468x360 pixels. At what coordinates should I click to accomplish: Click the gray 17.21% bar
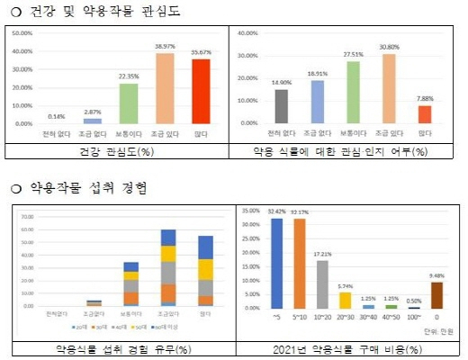tap(322, 283)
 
